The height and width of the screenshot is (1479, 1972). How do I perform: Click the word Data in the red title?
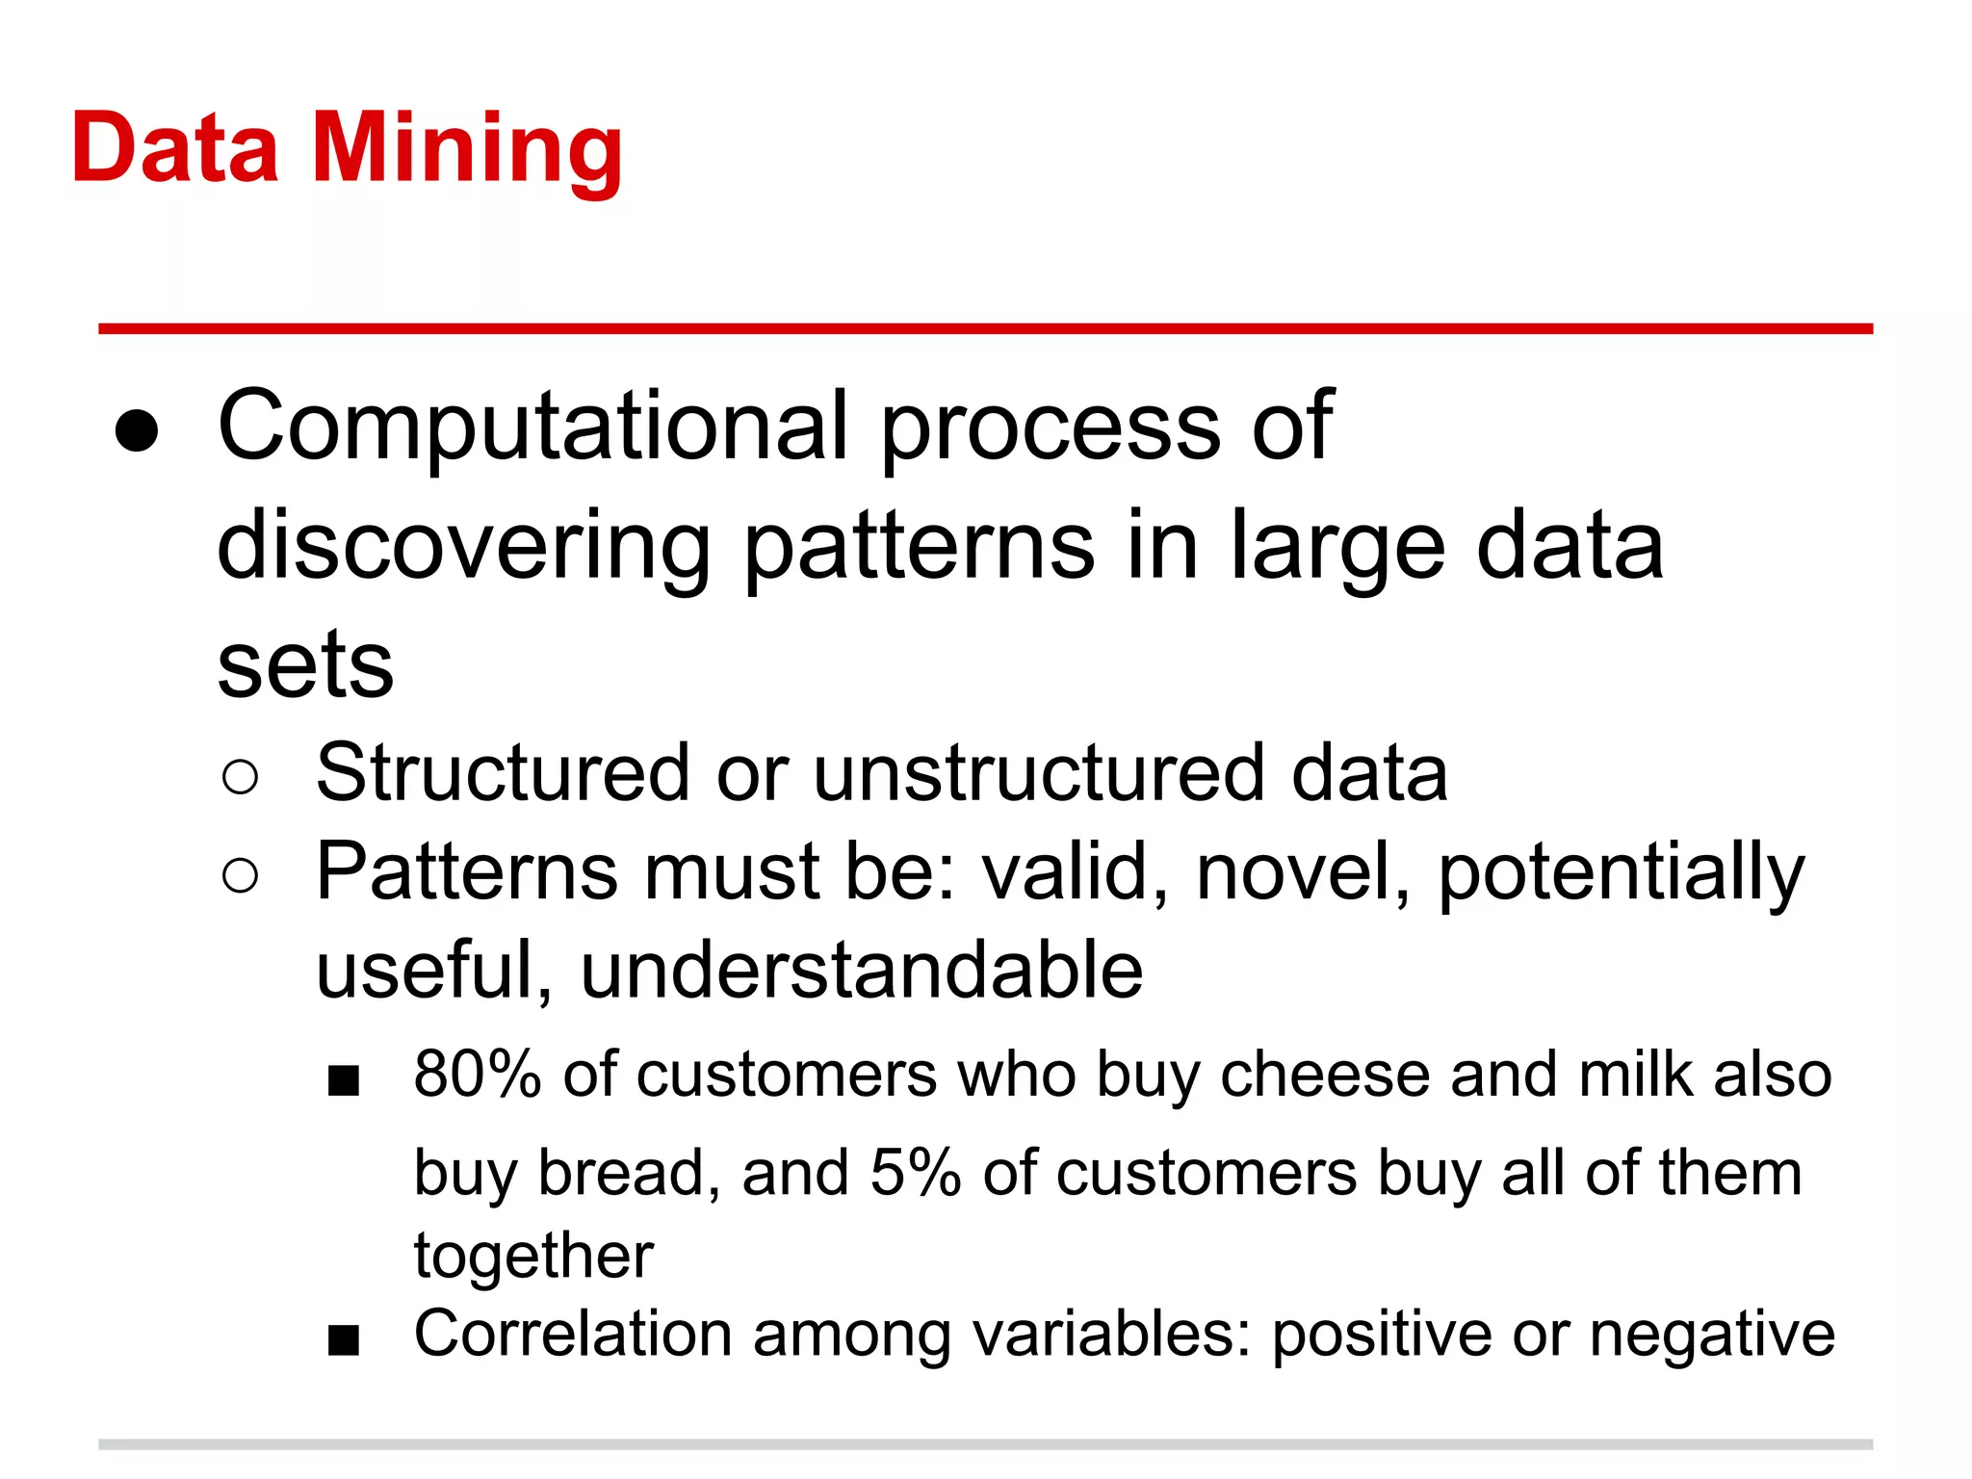[175, 149]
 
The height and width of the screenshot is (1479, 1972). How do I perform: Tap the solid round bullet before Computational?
[136, 429]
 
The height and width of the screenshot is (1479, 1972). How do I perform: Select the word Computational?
[532, 426]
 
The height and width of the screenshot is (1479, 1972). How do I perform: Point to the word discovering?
[463, 547]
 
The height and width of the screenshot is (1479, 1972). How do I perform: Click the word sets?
[305, 666]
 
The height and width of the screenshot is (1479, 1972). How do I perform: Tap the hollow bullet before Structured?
[240, 777]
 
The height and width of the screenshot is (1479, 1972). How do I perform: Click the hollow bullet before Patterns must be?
[240, 876]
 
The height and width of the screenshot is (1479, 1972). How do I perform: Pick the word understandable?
[862, 971]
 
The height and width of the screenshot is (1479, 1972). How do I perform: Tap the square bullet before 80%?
[344, 1081]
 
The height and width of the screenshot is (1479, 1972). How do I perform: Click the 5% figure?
[915, 1174]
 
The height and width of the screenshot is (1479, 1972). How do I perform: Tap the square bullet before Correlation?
[344, 1340]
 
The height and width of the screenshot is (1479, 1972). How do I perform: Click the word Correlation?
[573, 1335]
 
